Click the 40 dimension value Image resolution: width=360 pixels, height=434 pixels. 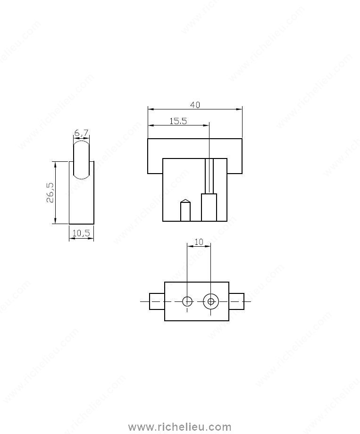point(195,105)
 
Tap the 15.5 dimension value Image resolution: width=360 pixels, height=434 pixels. point(178,121)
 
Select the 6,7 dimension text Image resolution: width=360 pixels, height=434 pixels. point(81,133)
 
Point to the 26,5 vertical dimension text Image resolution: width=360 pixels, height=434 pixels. point(50,192)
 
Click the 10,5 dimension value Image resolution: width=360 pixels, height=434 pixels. point(81,233)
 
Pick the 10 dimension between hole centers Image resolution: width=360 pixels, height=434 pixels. point(199,242)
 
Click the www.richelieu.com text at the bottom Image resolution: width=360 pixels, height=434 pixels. point(179,427)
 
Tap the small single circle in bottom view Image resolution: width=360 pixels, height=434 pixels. point(187,301)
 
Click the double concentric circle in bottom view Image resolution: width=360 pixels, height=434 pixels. point(211,301)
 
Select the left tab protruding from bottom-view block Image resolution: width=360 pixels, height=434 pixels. point(157,301)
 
